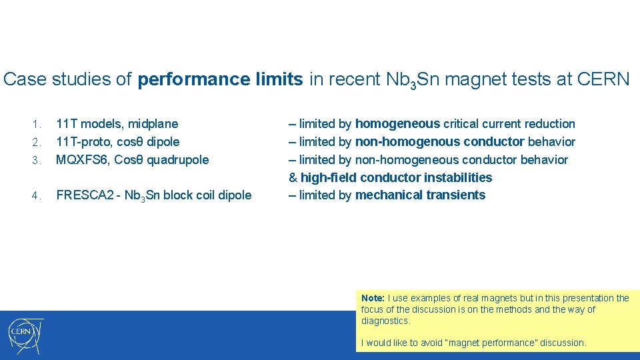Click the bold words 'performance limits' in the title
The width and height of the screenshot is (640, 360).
tap(220, 79)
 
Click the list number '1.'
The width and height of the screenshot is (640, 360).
tap(38, 124)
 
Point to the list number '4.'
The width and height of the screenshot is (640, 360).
tap(38, 195)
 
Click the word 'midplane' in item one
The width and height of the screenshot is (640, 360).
tap(153, 123)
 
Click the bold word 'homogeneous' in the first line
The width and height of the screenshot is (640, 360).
tap(397, 123)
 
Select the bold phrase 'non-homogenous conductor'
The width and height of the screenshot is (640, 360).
tap(440, 141)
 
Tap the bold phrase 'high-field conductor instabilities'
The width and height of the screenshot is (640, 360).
tap(396, 177)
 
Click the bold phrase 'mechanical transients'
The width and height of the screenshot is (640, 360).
tap(420, 195)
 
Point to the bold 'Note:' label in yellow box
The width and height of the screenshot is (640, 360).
tap(373, 298)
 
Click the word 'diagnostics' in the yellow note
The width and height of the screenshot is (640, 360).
tap(385, 321)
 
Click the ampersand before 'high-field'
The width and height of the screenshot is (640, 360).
tap(293, 177)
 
